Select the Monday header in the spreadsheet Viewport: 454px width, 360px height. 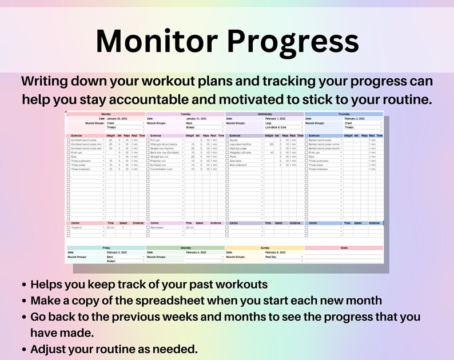106,114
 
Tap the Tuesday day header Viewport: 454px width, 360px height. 185,114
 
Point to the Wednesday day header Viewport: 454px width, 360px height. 265,114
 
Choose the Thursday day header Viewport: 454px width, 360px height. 344,114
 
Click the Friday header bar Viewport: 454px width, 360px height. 106,248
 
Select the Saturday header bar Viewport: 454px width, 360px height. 185,248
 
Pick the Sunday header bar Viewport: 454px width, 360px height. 265,248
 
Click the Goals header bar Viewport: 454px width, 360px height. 344,248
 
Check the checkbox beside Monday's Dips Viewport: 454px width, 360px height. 69,157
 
